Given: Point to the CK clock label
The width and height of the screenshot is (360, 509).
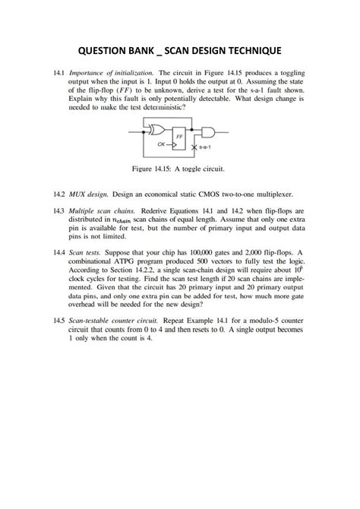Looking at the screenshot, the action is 161,143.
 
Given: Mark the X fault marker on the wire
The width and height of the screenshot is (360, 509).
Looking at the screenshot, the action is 195,146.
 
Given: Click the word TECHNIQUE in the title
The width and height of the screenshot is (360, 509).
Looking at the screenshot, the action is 247,51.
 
